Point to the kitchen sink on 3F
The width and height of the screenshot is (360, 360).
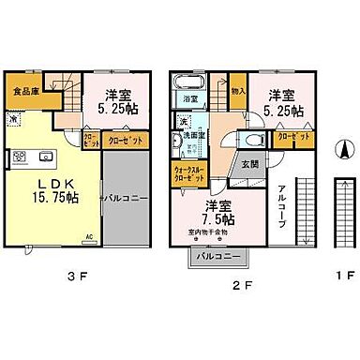[x=47, y=154]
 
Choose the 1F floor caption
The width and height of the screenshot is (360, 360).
[x=342, y=278]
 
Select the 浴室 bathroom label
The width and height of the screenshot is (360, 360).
[x=189, y=97]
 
